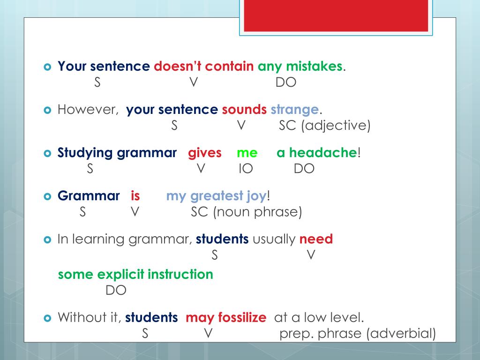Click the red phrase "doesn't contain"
coord(204,67)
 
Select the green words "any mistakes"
coord(300,67)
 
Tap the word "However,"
coord(88,110)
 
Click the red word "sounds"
coord(244,110)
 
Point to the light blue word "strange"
coord(294,110)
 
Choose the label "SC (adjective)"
coord(325,126)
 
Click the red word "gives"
coord(205,153)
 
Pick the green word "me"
coord(247,153)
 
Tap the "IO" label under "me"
coord(245,169)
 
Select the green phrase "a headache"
coord(317,153)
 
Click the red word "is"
coord(135,196)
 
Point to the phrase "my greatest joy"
coord(217,196)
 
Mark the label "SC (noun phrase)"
coord(247,212)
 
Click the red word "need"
coord(316,239)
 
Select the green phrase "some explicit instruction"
coord(135,274)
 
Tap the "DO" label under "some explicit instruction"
coord(116,290)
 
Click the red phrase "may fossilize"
coord(226,317)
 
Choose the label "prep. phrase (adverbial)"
coord(357,333)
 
